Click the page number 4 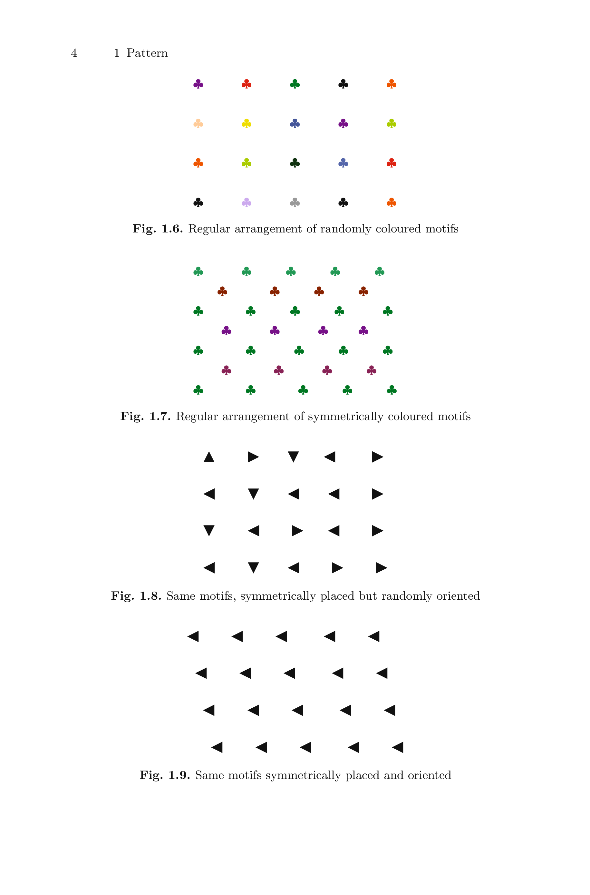point(74,53)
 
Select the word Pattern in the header point(147,53)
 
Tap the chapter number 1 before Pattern point(117,53)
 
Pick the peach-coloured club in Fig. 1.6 point(198,123)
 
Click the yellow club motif point(247,123)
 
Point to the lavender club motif point(247,202)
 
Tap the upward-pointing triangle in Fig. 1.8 point(209,457)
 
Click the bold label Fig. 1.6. point(158,229)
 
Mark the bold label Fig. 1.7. point(145,416)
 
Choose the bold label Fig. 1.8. point(136,596)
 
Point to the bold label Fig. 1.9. point(164,775)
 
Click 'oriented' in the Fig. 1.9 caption point(429,775)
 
